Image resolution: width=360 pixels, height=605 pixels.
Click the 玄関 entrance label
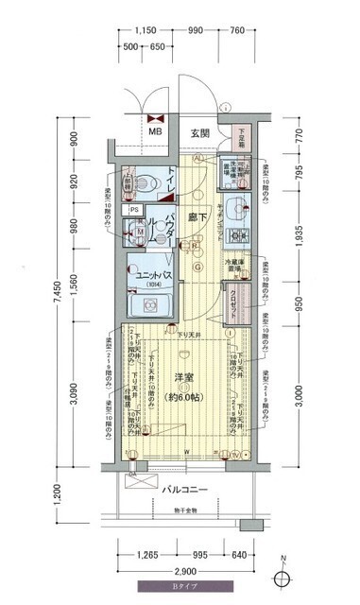(200, 132)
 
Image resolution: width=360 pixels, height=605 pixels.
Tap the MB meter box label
(155, 131)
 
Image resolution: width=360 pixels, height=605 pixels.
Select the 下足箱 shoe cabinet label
(242, 135)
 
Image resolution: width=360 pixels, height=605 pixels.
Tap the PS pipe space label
(135, 210)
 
